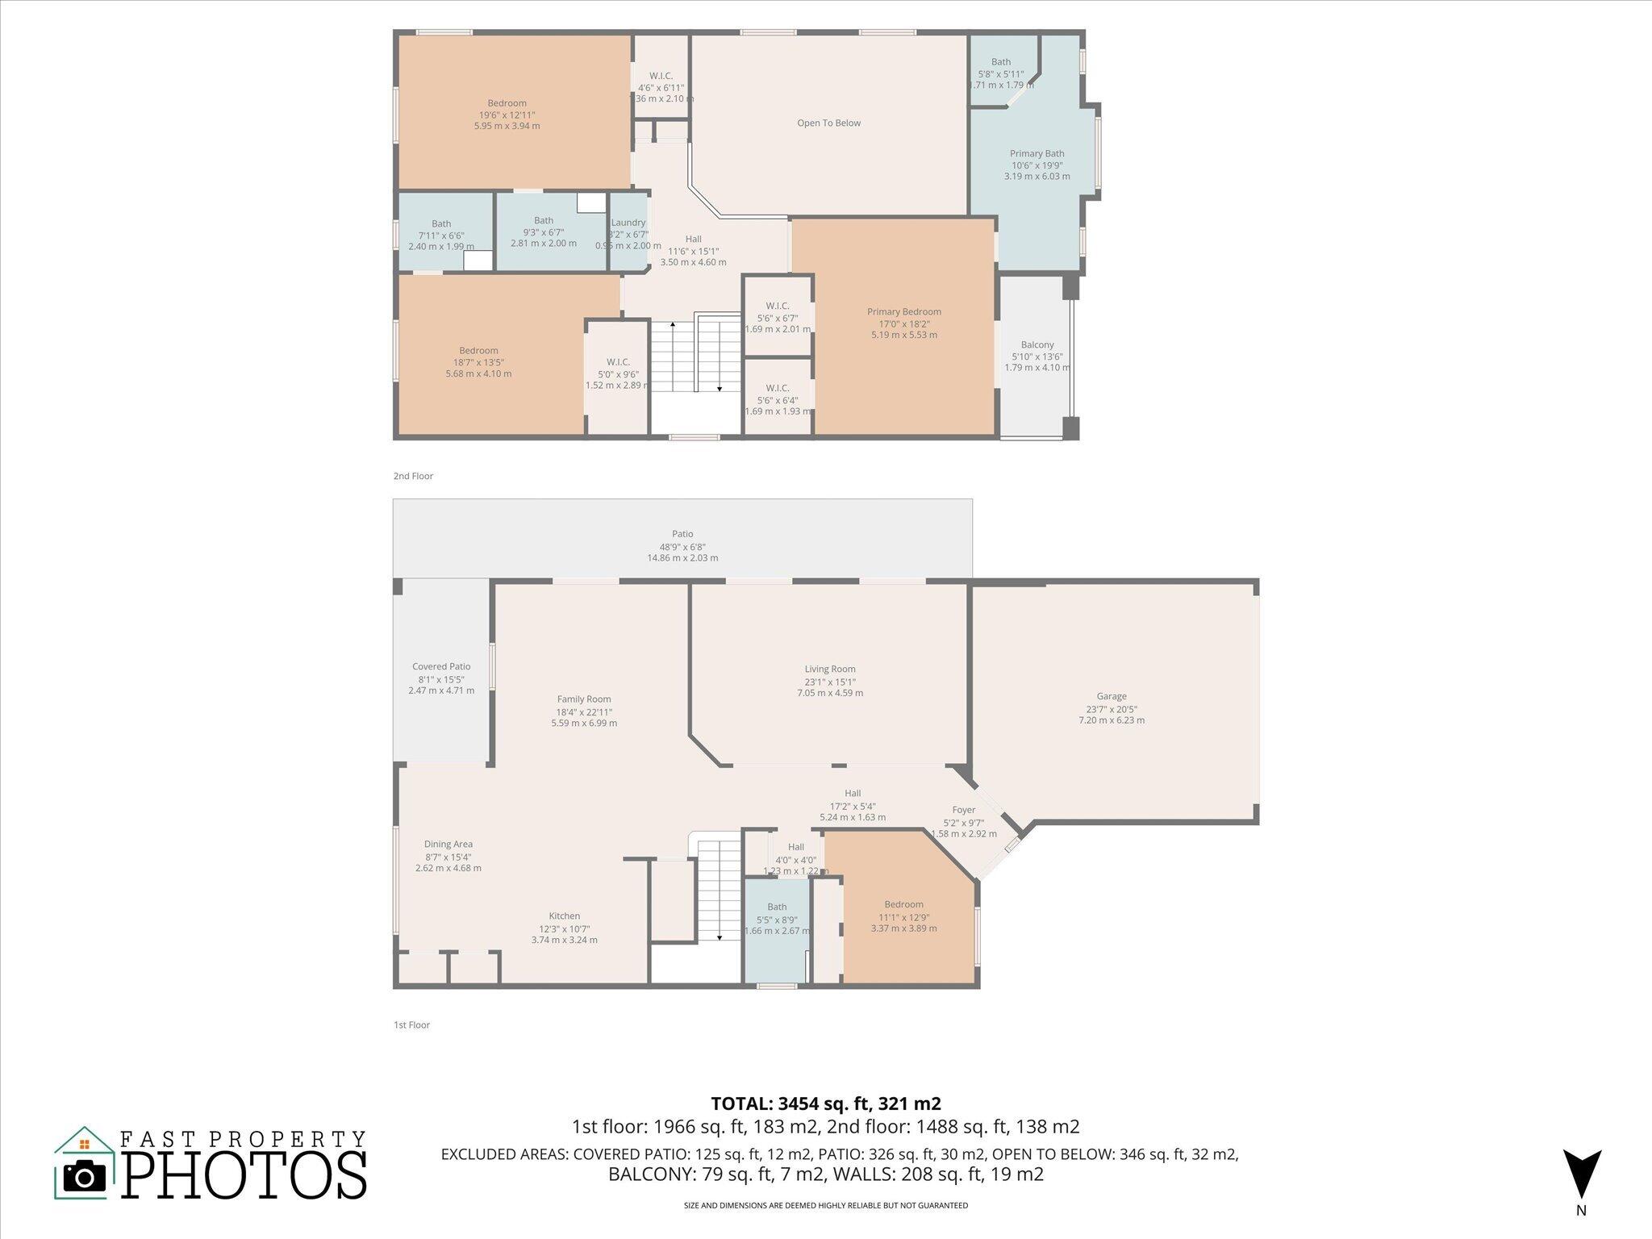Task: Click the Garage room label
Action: [x=1111, y=696]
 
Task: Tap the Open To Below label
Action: [x=828, y=123]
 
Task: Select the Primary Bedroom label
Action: [x=903, y=312]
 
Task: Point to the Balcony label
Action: [x=1037, y=345]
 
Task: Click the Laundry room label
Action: [x=628, y=223]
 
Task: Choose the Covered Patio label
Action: [x=440, y=667]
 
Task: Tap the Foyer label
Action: [x=963, y=810]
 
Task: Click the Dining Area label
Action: [x=448, y=845]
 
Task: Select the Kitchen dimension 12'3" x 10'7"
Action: [x=564, y=928]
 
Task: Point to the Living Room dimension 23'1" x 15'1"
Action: [x=829, y=682]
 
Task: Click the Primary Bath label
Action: [x=1037, y=154]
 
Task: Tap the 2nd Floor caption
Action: [x=413, y=477]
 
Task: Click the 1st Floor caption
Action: [x=411, y=1025]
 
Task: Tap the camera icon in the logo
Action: [x=84, y=1177]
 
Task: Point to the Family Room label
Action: [x=584, y=699]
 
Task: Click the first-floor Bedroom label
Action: [x=903, y=904]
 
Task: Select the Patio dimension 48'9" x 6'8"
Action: [x=682, y=546]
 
